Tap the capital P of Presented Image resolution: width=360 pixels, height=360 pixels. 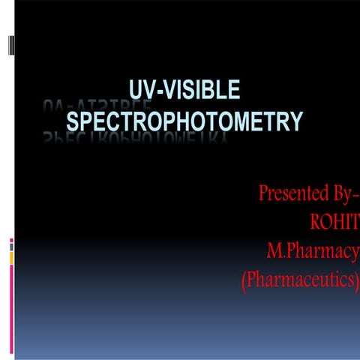263,193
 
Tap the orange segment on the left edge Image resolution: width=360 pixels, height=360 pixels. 11,257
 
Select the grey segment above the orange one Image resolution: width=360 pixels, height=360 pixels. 11,246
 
